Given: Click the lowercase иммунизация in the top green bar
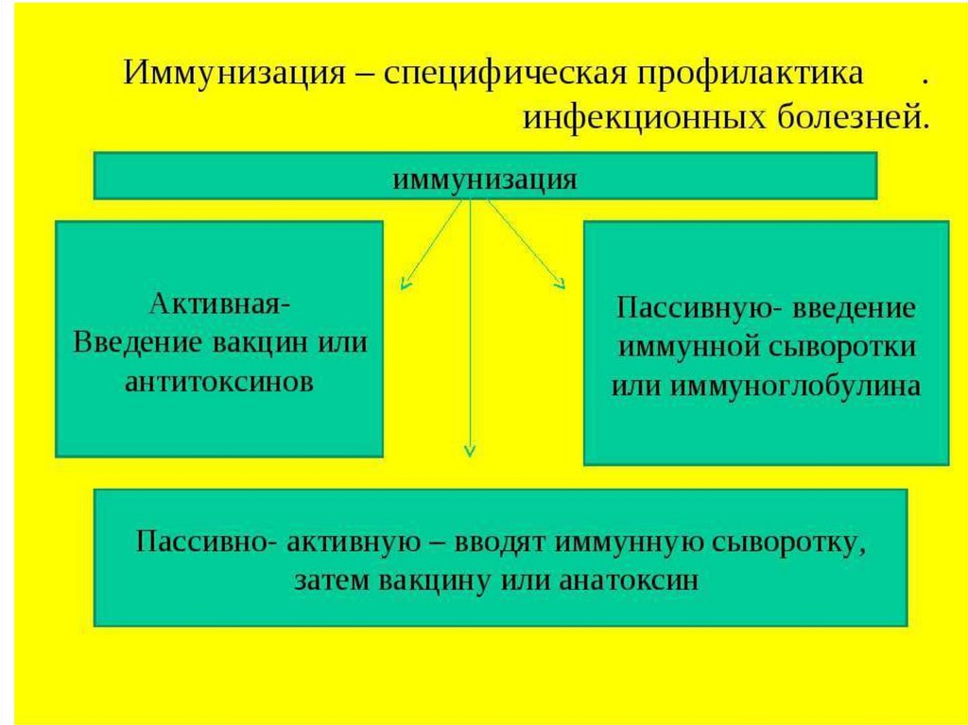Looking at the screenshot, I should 485,178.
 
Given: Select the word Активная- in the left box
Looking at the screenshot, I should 219,305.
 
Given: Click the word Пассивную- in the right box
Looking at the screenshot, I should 689,309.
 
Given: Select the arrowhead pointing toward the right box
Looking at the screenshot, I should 560,282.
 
